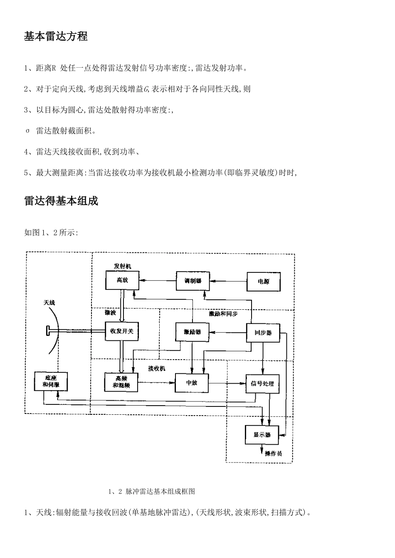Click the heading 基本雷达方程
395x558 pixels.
(56, 37)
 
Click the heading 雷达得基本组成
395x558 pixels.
(61, 201)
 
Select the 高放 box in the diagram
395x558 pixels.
(122, 281)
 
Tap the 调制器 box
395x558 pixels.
(193, 281)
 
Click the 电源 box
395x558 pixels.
(264, 281)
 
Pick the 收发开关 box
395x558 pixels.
(121, 332)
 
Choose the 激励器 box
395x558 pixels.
(192, 332)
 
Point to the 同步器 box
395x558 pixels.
(263, 333)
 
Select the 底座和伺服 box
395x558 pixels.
(50, 382)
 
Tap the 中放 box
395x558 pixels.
(192, 383)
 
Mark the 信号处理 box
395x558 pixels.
(262, 384)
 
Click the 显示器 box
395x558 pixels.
(262, 435)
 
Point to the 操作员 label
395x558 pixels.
(273, 454)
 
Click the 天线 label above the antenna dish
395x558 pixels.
(49, 303)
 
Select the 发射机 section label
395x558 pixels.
(122, 266)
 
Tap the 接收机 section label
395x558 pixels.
(157, 368)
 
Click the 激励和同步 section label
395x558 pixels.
(223, 314)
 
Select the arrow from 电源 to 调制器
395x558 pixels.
(228, 281)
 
